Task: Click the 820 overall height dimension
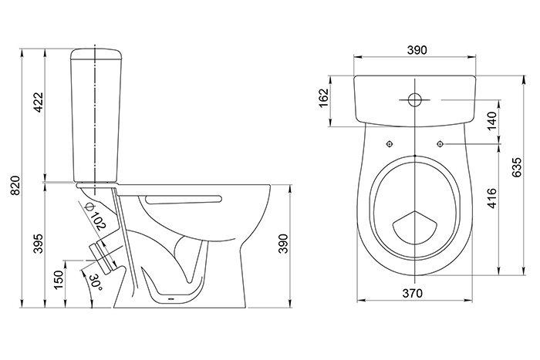point(16,186)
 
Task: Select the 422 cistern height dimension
point(39,103)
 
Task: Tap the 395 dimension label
point(39,244)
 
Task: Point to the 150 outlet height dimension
point(59,280)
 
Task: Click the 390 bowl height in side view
point(283,244)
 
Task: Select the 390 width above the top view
point(417,50)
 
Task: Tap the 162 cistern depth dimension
point(324,98)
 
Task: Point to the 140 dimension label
point(492,121)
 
